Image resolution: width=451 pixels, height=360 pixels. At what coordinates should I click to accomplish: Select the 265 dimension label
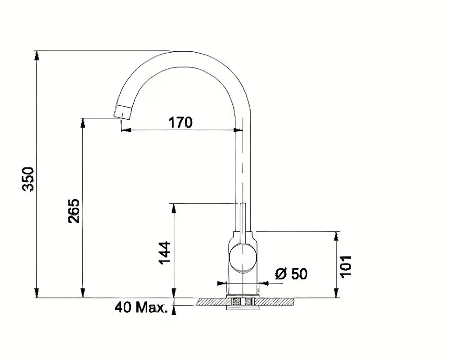(x=74, y=211)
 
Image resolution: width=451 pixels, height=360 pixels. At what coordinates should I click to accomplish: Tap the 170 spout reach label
(x=180, y=122)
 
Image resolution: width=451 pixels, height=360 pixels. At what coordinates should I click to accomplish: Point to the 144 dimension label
(x=165, y=253)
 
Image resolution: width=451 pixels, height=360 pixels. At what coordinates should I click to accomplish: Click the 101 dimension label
(x=346, y=266)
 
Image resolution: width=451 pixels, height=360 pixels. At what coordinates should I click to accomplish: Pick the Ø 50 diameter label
(x=291, y=274)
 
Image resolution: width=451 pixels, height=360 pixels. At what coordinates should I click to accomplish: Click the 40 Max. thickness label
(x=140, y=308)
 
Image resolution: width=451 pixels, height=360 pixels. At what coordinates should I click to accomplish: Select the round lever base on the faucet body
(x=243, y=258)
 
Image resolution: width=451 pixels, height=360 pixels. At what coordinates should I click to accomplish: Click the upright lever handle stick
(x=243, y=223)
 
